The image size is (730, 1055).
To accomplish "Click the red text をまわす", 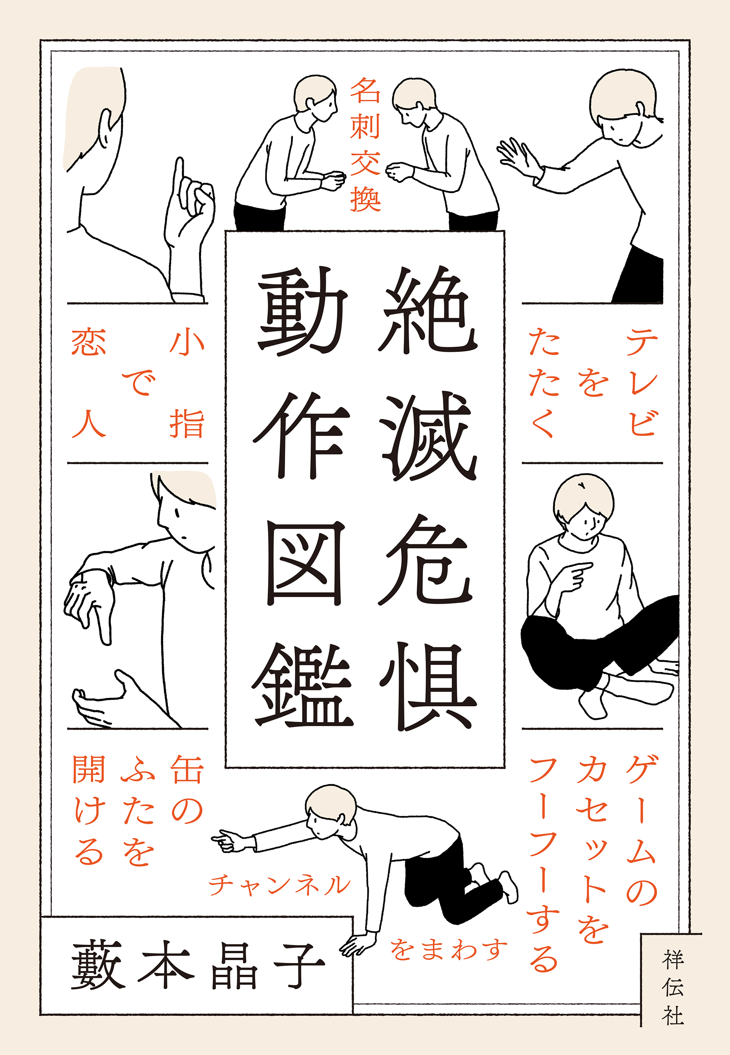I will (448, 949).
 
